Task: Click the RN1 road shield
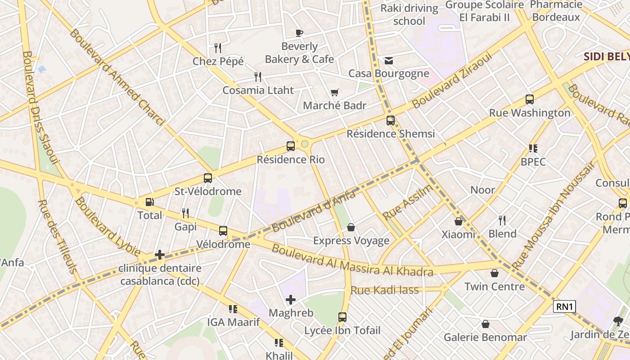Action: coord(564,307)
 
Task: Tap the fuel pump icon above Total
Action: coord(149,203)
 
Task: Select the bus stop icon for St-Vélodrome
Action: coord(207,178)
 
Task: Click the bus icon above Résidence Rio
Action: coord(291,146)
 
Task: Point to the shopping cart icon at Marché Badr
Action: coord(334,93)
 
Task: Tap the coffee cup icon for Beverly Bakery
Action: coord(299,33)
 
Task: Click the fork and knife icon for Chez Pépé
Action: coord(218,48)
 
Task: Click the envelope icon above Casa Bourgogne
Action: coord(388,61)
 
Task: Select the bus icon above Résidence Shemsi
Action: coord(390,121)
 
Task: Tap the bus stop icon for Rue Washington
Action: coord(530,100)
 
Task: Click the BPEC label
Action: coord(533,162)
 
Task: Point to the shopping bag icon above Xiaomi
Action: coord(458,221)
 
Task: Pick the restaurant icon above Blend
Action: coord(502,220)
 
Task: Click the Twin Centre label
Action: coord(494,286)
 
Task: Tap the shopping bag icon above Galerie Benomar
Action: coord(485,324)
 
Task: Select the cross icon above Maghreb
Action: coord(291,299)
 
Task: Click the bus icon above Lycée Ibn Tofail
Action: coord(342,317)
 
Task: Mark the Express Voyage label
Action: coord(351,240)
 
